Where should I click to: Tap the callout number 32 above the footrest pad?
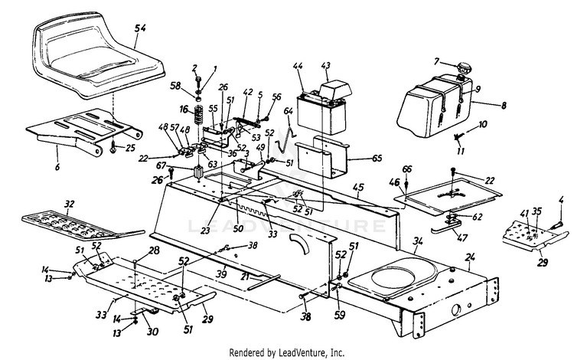70,205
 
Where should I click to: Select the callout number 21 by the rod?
245,276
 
